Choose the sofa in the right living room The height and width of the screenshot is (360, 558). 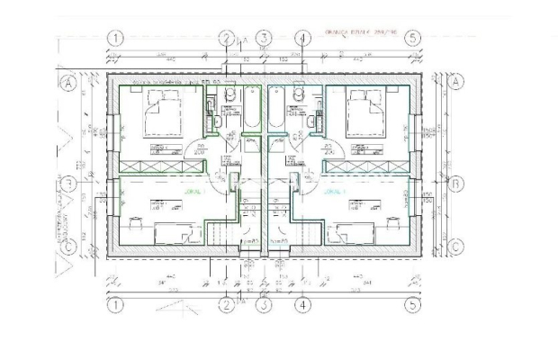coord(353,236)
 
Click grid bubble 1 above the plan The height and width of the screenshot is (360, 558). coord(115,38)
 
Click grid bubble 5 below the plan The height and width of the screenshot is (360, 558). coord(412,304)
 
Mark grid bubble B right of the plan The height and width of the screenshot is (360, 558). coord(455,184)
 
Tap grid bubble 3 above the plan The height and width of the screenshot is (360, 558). coord(264,38)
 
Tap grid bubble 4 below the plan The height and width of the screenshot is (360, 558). coord(302,304)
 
